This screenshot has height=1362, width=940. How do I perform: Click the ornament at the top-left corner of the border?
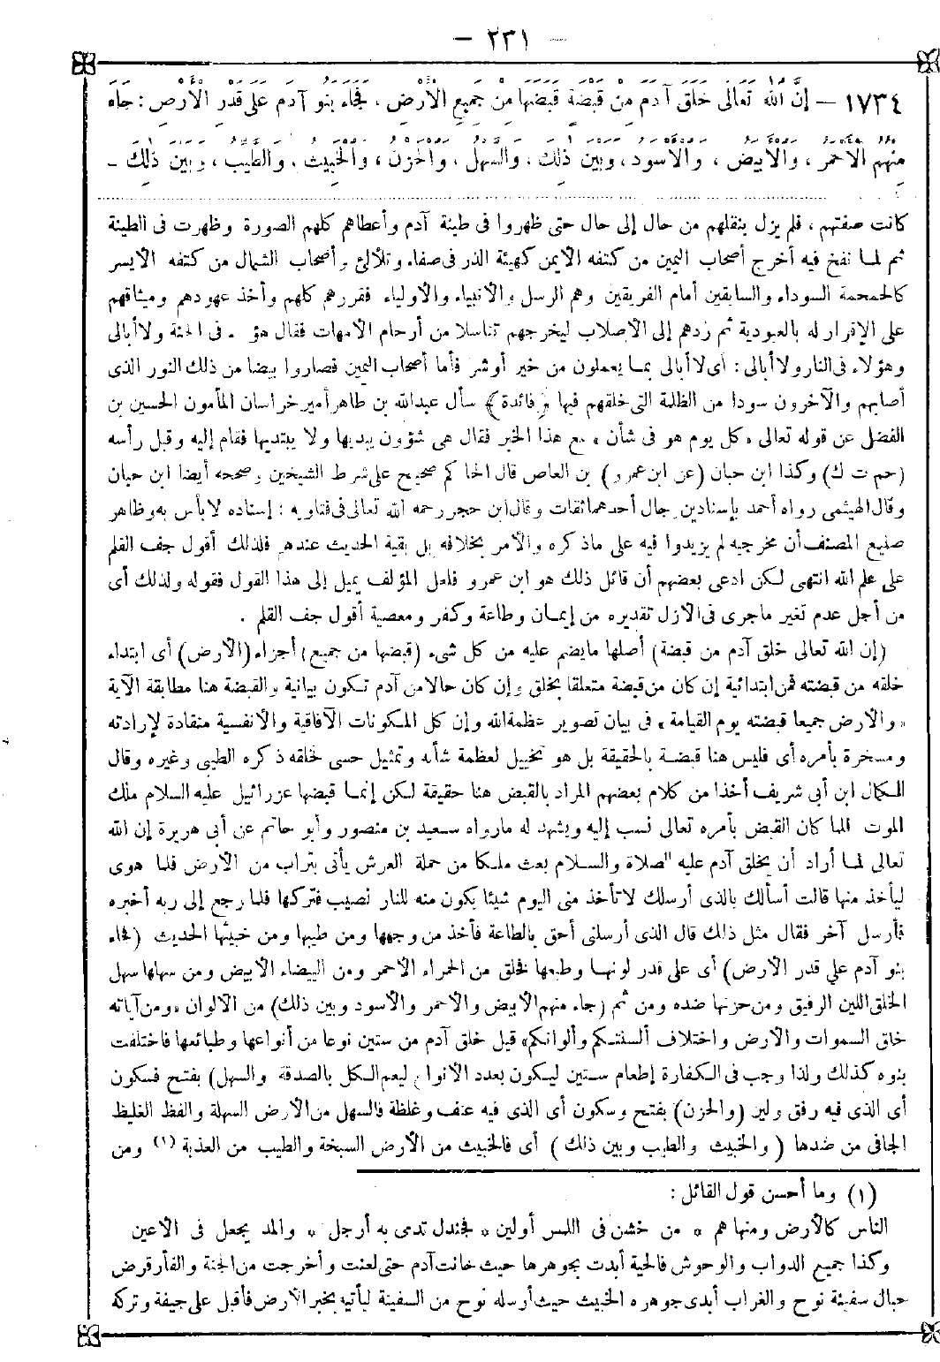[x=81, y=66]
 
